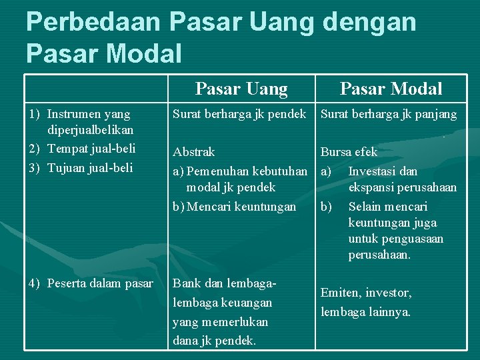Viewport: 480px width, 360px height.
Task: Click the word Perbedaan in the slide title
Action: pos(93,21)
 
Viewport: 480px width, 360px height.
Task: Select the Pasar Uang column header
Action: pos(241,89)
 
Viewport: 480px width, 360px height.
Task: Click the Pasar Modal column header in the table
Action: pos(391,89)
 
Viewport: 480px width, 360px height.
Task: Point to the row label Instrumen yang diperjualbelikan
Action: pos(89,121)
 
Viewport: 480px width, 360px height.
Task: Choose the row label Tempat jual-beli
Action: pos(91,147)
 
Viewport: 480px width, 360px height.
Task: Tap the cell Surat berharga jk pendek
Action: pos(239,114)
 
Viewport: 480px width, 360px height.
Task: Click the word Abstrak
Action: pos(193,151)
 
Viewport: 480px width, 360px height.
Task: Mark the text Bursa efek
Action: pos(349,152)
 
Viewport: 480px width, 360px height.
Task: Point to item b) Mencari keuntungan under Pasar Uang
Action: pos(235,207)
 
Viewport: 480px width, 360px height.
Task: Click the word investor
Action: pos(389,293)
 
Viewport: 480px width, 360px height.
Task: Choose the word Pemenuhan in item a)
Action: pos(215,171)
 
